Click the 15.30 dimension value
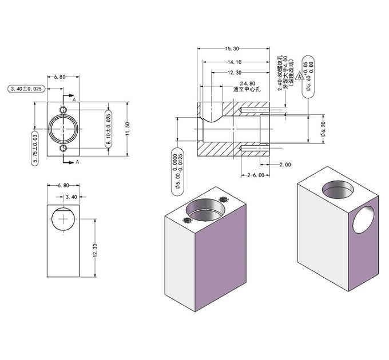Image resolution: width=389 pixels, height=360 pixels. (x=232, y=49)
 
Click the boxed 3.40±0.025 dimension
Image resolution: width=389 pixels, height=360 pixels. (x=26, y=89)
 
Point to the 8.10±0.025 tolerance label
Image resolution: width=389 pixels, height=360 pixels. (x=109, y=130)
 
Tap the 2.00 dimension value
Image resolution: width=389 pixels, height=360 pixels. (x=284, y=165)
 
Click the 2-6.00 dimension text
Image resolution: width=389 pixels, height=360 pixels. (x=256, y=175)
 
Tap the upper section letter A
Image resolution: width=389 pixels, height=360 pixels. (x=74, y=99)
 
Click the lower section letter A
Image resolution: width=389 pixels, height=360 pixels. (x=77, y=162)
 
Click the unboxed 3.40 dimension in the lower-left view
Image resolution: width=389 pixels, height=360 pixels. (x=72, y=197)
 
